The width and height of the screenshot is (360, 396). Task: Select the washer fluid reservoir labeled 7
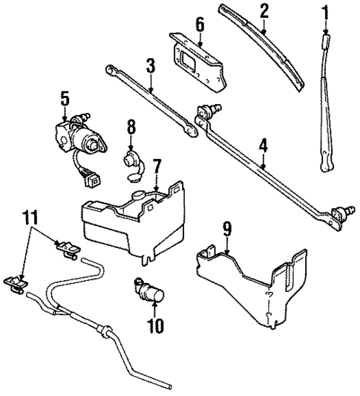[x=126, y=219]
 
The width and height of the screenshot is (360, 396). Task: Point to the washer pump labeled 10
[x=151, y=292]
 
